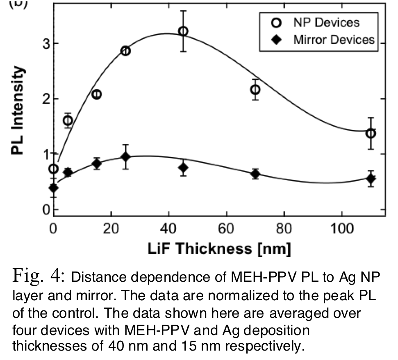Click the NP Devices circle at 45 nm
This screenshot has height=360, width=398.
(183, 31)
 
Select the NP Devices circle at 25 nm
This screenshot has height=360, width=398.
(126, 51)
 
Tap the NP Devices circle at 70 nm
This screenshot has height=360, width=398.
(255, 89)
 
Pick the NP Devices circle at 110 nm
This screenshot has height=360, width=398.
(371, 133)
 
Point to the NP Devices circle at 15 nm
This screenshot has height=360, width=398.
(97, 95)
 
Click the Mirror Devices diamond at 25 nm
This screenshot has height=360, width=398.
(126, 157)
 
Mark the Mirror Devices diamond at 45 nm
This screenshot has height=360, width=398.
(183, 168)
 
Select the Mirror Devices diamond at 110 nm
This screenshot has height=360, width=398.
(371, 179)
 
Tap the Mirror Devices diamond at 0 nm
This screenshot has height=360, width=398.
(54, 188)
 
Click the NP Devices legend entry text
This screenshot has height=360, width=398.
(326, 23)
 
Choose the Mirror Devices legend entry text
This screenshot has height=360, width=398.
(334, 39)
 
